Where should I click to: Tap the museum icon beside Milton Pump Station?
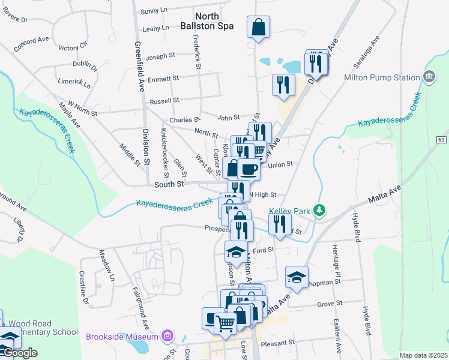pyautogui.click(x=429, y=77)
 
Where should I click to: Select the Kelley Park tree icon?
pyautogui.click(x=321, y=209)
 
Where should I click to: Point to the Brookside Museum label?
pyautogui.click(x=124, y=336)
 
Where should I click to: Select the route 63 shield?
pyautogui.click(x=441, y=139)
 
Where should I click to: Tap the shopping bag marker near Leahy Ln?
pyautogui.click(x=258, y=26)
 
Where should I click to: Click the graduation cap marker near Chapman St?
pyautogui.click(x=297, y=277)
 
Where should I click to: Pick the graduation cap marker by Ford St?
pyautogui.click(x=236, y=251)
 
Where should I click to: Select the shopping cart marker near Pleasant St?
pyautogui.click(x=225, y=323)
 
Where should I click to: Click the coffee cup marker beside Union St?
pyautogui.click(x=248, y=169)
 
